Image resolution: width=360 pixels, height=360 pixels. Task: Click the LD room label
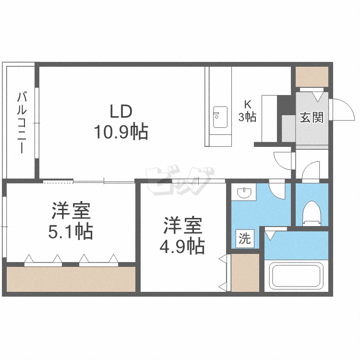click(x=120, y=112)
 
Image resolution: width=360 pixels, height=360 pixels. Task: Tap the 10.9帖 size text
click(x=120, y=132)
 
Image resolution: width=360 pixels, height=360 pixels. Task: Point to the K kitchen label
click(x=247, y=104)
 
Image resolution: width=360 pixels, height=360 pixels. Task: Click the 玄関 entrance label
click(x=312, y=117)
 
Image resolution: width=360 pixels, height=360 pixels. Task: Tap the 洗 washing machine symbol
click(x=245, y=239)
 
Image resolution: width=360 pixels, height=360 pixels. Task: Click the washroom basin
click(x=244, y=193)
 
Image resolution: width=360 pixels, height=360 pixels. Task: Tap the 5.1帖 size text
click(x=71, y=232)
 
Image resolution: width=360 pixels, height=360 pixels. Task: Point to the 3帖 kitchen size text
click(x=248, y=117)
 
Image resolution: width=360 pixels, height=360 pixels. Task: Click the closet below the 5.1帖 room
click(x=71, y=279)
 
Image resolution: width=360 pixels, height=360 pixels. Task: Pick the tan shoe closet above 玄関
click(x=312, y=76)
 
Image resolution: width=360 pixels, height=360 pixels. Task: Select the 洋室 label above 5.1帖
click(x=71, y=211)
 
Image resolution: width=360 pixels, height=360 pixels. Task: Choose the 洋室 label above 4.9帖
click(x=183, y=226)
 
